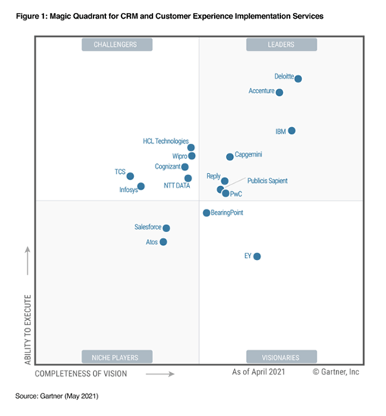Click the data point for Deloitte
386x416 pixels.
[298, 79]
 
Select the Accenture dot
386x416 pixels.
[279, 92]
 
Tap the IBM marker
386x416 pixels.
[291, 131]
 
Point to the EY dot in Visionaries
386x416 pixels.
[257, 256]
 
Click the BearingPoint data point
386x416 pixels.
[206, 213]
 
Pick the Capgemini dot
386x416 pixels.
[230, 157]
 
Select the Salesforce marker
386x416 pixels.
[167, 228]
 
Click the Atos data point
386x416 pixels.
[163, 242]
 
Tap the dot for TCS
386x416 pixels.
[130, 176]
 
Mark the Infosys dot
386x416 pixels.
[141, 186]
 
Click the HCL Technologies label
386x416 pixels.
[165, 141]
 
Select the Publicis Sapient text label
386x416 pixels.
[267, 182]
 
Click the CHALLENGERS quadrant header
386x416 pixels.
[115, 45]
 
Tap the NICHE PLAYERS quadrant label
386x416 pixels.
[115, 357]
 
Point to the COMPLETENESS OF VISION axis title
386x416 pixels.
[81, 374]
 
